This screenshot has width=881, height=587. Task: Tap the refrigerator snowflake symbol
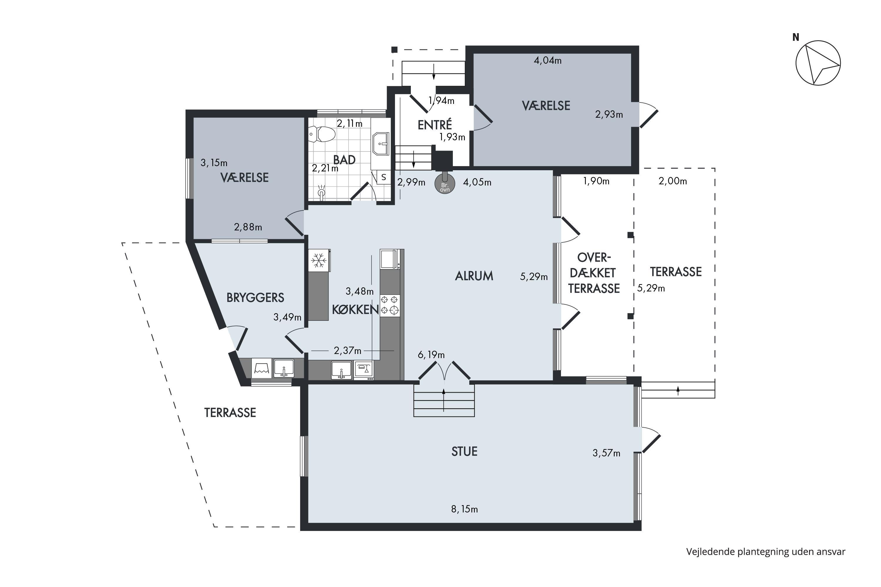[319, 260]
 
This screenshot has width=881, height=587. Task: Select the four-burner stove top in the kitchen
[390, 305]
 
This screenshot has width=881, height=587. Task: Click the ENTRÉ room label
[435, 125]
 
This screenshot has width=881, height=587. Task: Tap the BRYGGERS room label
[255, 298]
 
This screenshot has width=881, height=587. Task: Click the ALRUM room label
[474, 276]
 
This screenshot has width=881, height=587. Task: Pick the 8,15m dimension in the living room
[465, 509]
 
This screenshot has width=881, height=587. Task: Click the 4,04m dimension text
[548, 60]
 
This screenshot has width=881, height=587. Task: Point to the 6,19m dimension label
[431, 355]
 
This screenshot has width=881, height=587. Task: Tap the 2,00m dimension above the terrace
[673, 181]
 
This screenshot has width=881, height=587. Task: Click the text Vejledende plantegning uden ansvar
[766, 552]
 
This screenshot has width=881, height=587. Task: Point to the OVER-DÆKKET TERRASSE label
[594, 273]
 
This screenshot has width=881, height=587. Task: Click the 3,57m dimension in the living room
[606, 453]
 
